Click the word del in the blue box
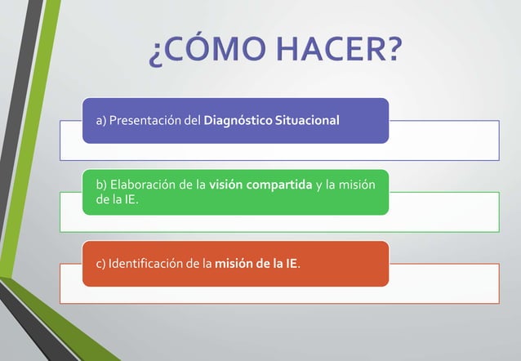pyautogui.click(x=192, y=121)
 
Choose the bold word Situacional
pyautogui.click(x=308, y=121)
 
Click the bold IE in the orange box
pyautogui.click(x=291, y=264)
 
